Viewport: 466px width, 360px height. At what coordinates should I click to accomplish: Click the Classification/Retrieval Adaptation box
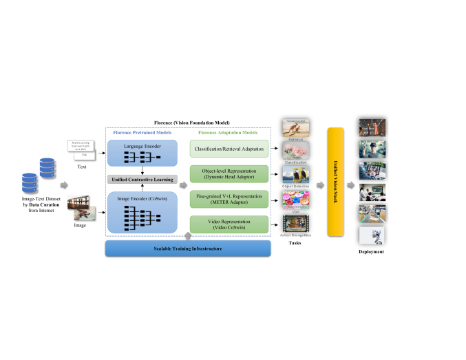point(229,148)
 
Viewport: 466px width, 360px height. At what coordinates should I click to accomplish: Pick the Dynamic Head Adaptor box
point(229,174)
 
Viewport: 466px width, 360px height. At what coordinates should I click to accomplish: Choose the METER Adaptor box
point(229,199)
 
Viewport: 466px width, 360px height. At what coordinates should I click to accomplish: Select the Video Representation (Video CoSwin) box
point(229,224)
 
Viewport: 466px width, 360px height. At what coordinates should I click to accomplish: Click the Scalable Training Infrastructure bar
point(187,248)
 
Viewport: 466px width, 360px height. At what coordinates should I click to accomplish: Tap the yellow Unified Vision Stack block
point(335,182)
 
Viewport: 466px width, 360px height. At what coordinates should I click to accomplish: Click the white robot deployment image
point(372,236)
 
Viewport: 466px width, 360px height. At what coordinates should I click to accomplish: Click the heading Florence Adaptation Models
point(229,133)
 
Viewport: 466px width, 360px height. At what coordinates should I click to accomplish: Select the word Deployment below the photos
point(372,252)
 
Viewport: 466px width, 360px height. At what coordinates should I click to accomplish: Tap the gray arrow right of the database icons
point(64,184)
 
